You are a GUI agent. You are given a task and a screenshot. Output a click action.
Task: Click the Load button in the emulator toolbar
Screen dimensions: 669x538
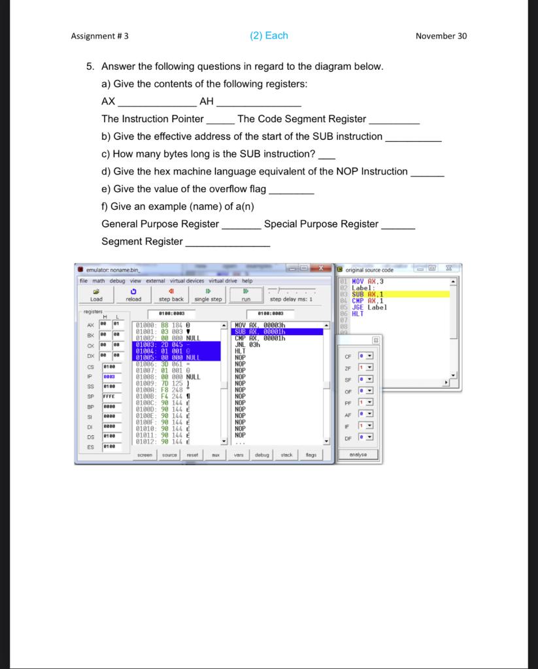[96, 295]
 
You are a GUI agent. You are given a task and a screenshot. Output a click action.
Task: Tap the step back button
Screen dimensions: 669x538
[171, 295]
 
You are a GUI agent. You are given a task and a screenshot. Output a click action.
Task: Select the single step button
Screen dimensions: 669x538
[209, 295]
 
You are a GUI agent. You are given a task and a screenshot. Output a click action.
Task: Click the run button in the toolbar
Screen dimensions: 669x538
[246, 295]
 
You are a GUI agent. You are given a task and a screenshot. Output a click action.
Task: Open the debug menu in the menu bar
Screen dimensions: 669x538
[117, 281]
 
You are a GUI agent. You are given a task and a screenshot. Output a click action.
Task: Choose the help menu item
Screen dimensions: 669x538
[247, 281]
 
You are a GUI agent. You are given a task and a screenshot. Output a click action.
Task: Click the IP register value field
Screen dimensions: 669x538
[109, 377]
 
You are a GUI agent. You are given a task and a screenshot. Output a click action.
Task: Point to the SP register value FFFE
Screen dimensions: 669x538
[109, 396]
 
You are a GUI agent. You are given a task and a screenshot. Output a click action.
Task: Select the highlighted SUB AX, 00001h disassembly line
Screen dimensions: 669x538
[278, 331]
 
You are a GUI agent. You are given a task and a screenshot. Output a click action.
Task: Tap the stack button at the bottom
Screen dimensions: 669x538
[287, 455]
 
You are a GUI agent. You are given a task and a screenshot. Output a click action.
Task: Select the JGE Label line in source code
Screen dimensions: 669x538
[369, 307]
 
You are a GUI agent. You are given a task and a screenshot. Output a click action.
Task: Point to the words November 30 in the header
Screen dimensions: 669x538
[441, 36]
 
